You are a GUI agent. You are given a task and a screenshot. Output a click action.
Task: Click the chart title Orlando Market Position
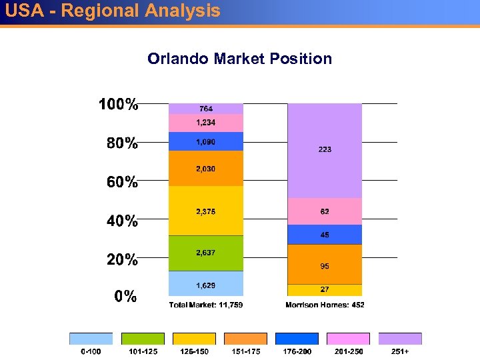[239, 59]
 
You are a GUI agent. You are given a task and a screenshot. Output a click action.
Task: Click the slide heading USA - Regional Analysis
[112, 11]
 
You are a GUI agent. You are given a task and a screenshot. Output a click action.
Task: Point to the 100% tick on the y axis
[119, 105]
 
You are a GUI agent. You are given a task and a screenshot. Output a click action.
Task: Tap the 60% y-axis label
[122, 181]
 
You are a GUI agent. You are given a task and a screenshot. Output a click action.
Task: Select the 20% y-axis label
[122, 259]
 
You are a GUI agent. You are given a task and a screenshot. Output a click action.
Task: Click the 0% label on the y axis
[125, 297]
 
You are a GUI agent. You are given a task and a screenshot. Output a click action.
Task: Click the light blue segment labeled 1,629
[205, 283]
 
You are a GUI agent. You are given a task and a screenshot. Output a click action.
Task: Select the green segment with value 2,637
[205, 253]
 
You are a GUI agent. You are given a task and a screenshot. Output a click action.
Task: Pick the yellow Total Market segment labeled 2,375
[205, 211]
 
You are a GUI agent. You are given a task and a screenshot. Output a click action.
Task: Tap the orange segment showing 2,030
[205, 169]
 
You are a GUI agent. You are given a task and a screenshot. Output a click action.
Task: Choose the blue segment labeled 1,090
[205, 141]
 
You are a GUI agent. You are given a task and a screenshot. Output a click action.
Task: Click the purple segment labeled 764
[205, 109]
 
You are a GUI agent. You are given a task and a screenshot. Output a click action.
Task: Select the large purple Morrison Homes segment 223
[324, 151]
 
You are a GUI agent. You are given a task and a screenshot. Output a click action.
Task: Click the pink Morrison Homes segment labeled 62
[324, 211]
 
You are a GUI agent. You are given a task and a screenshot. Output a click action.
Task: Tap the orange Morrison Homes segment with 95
[324, 265]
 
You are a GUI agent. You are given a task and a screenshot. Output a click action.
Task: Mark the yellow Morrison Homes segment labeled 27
[324, 290]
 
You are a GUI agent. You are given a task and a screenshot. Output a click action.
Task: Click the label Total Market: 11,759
[205, 305]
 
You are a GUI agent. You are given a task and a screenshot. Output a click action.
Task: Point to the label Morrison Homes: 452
[325, 305]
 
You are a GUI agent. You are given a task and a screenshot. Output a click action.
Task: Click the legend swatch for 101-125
[142, 339]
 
